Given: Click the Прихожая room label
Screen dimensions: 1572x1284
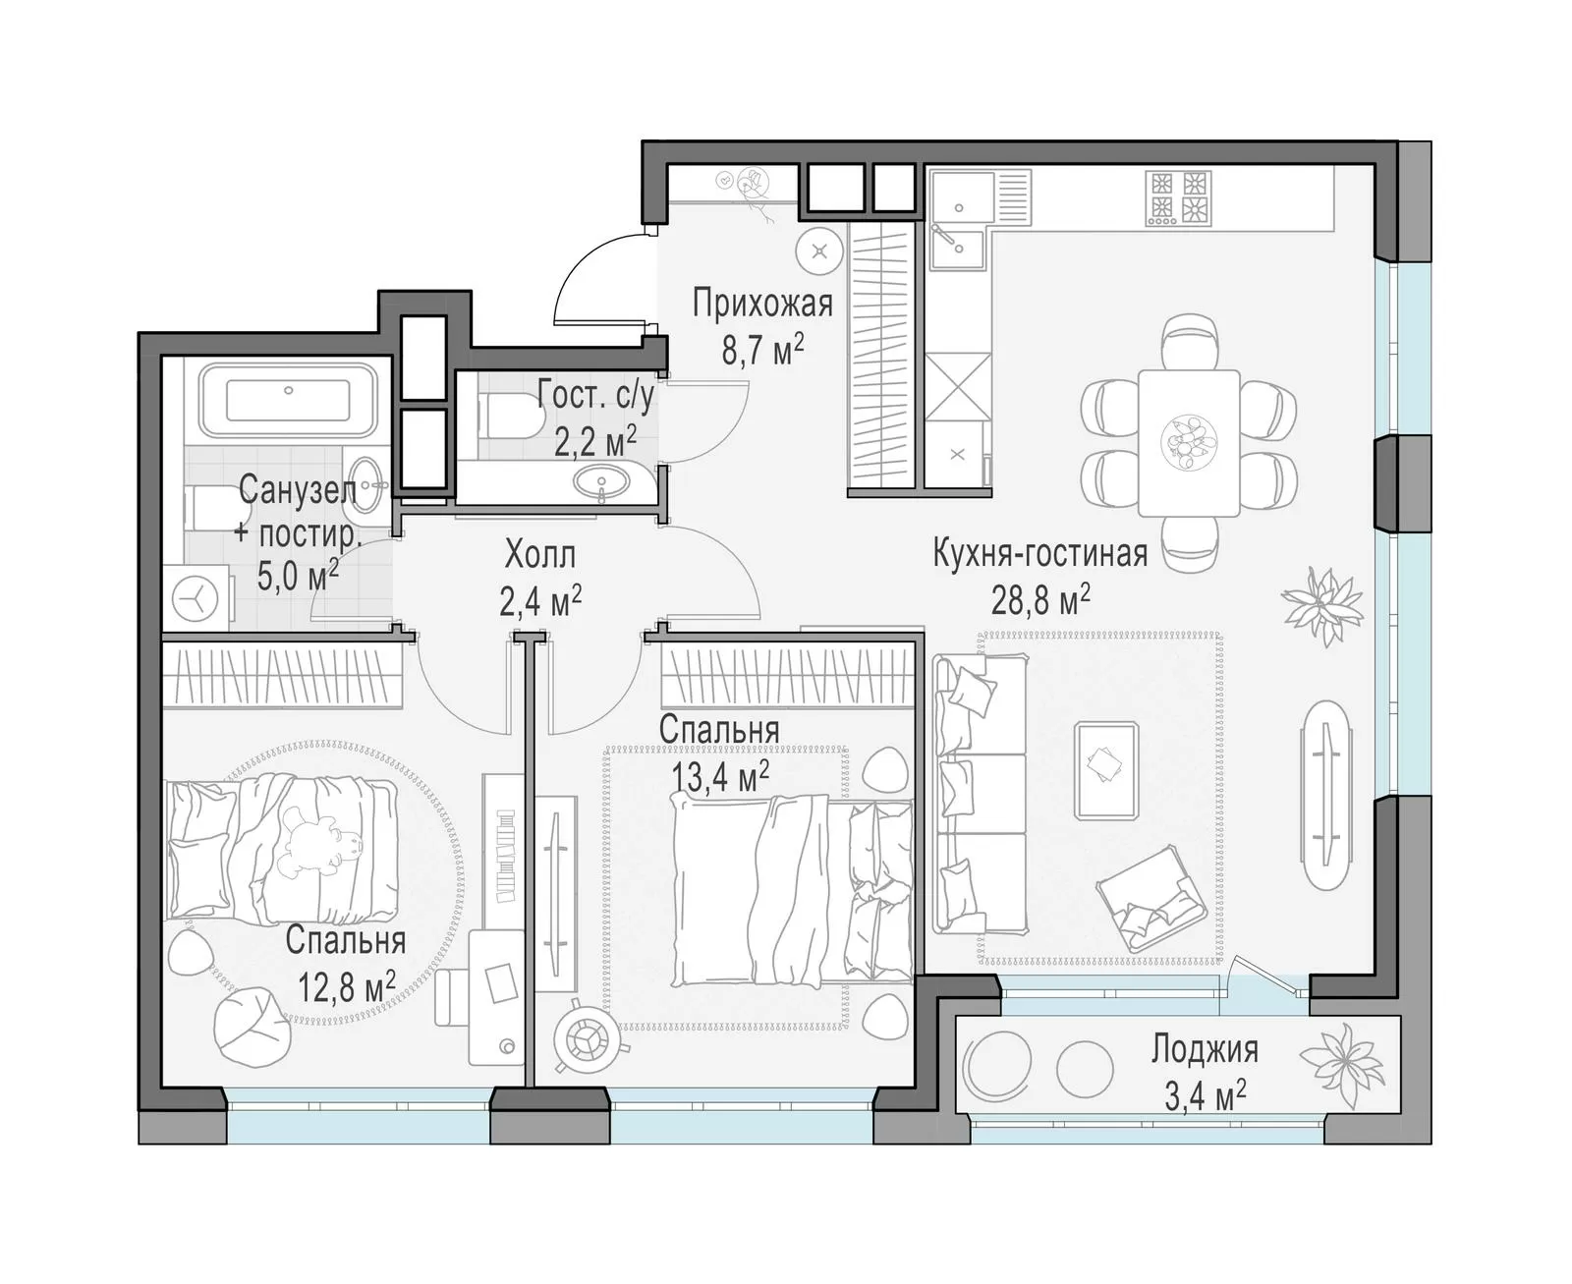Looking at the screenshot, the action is click(762, 304).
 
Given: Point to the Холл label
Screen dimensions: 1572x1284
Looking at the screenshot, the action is click(540, 555).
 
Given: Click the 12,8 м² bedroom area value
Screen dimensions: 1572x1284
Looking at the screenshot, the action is click(347, 986).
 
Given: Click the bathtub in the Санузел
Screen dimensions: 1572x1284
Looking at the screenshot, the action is click(289, 400).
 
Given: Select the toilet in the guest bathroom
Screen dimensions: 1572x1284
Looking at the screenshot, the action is click(512, 417).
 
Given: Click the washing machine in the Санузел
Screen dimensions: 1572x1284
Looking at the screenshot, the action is click(196, 597).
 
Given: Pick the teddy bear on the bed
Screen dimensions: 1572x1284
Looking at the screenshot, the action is click(317, 846).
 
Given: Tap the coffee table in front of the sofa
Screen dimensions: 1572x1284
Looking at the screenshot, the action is click(1106, 770).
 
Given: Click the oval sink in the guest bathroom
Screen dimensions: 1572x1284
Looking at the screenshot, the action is click(601, 481).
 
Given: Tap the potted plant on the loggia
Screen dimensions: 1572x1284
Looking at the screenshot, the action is click(1342, 1066).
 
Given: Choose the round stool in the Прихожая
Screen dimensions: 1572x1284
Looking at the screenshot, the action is click(819, 251).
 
